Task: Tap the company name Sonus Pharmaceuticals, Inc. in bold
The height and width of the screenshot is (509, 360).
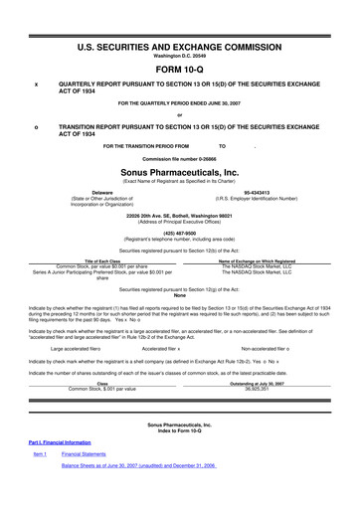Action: point(180,171)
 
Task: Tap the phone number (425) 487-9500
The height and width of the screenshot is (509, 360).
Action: point(180,234)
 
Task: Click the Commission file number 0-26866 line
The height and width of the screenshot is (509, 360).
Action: point(180,159)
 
